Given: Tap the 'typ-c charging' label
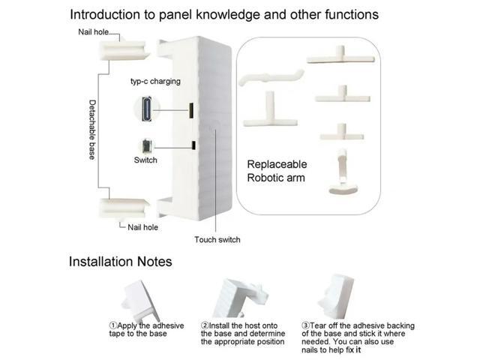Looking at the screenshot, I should click(x=155, y=80).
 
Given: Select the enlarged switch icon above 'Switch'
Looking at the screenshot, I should click(x=145, y=147).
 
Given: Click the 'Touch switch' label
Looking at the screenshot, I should click(x=217, y=239).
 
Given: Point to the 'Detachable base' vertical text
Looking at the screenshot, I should click(x=92, y=132).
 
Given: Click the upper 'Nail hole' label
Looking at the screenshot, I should click(x=93, y=31).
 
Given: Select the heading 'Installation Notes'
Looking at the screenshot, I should click(x=121, y=262).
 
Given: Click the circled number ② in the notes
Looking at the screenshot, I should click(x=205, y=325).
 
